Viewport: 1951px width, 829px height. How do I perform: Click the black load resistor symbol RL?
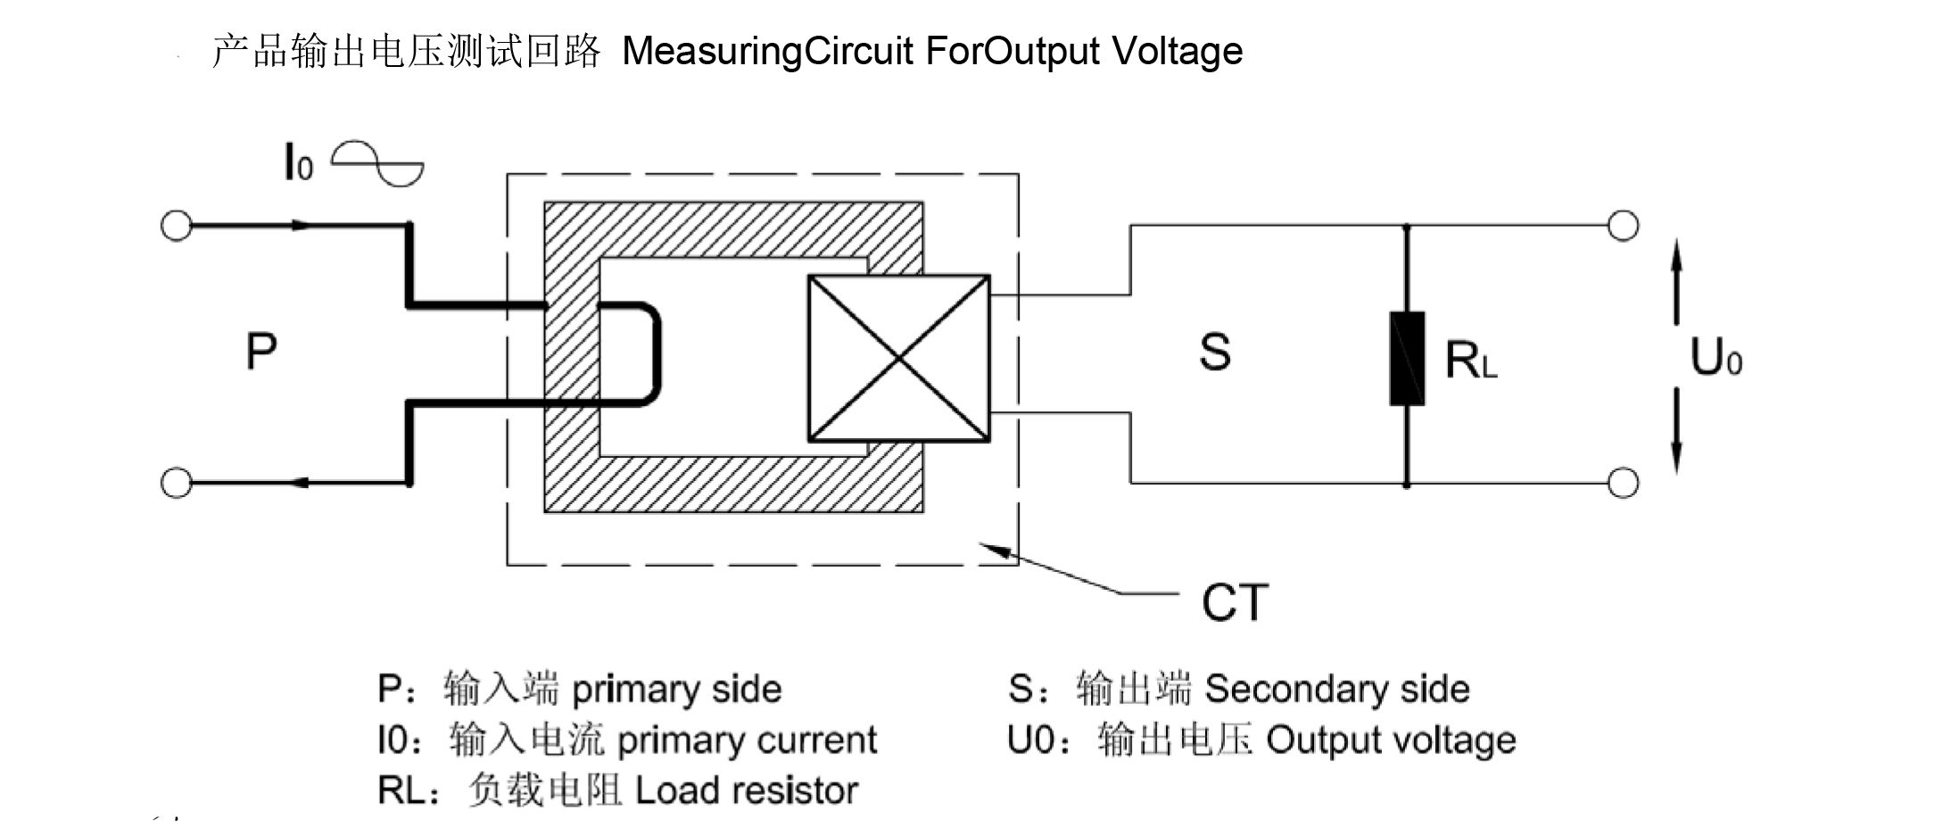[1407, 359]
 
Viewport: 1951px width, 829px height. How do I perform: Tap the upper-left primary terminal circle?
[176, 226]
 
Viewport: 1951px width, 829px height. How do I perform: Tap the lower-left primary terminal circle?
[176, 483]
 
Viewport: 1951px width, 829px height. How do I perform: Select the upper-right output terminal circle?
[1623, 226]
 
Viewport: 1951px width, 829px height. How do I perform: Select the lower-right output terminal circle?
[1623, 483]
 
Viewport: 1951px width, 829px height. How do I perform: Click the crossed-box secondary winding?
[898, 358]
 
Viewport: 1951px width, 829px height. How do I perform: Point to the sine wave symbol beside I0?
[377, 163]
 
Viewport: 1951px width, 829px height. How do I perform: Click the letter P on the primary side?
[261, 352]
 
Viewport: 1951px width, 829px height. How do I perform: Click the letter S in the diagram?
[1215, 352]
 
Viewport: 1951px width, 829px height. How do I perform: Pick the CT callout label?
[1235, 602]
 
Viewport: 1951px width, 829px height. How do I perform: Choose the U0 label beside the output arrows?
[1715, 359]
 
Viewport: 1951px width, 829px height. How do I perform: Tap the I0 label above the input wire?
[298, 163]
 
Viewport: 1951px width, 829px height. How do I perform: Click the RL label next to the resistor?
[1470, 361]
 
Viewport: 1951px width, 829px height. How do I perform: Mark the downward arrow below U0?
[1676, 432]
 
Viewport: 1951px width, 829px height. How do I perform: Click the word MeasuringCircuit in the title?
[767, 51]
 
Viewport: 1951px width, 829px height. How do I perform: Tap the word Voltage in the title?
[1177, 51]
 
